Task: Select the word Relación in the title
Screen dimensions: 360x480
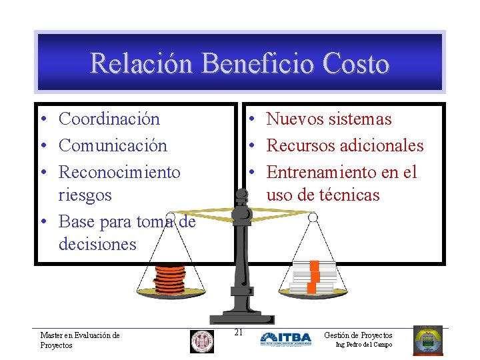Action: [x=141, y=64]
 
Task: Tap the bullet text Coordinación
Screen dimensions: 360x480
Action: [x=109, y=119]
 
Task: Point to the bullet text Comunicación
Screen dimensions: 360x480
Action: [x=113, y=145]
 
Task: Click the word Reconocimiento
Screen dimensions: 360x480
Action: [x=119, y=172]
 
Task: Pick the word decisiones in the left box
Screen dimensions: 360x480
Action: [x=97, y=244]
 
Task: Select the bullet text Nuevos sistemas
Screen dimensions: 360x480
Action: [x=329, y=119]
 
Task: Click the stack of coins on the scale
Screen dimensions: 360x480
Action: [x=170, y=279]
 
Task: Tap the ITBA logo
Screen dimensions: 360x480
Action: [x=285, y=339]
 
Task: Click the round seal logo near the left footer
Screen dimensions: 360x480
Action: [x=202, y=341]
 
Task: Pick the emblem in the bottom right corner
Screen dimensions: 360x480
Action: [x=427, y=340]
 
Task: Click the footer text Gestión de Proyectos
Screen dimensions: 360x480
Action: [x=358, y=335]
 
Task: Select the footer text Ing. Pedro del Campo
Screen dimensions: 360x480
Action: [x=363, y=345]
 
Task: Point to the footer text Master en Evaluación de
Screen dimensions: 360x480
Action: [x=80, y=336]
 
